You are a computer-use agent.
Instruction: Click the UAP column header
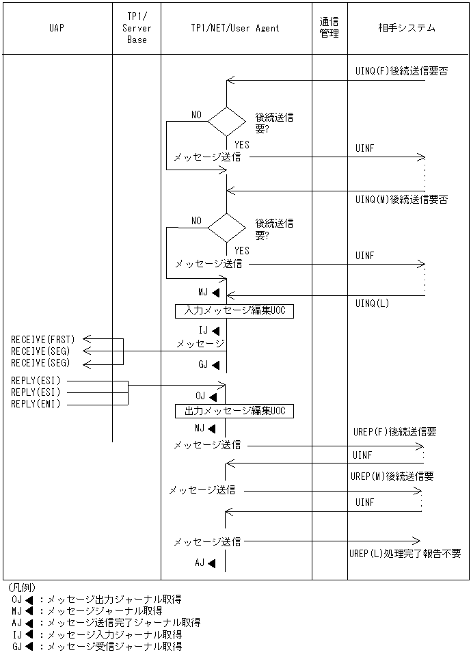click(x=57, y=29)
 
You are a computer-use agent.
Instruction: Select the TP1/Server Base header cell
click(x=137, y=29)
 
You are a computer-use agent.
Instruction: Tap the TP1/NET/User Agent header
click(x=235, y=29)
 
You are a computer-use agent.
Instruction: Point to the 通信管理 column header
click(x=329, y=29)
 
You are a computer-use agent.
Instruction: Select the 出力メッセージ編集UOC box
click(x=234, y=411)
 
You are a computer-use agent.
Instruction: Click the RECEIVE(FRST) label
click(x=43, y=339)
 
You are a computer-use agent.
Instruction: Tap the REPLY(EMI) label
click(x=36, y=404)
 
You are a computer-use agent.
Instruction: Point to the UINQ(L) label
click(x=372, y=303)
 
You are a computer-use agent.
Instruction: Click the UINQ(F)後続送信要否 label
click(x=401, y=71)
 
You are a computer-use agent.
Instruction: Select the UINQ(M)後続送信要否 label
click(x=401, y=200)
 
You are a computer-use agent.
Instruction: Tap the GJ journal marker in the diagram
click(x=208, y=364)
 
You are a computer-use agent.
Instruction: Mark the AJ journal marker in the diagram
click(x=204, y=563)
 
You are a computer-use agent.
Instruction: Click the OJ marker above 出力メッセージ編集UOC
click(x=205, y=396)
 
